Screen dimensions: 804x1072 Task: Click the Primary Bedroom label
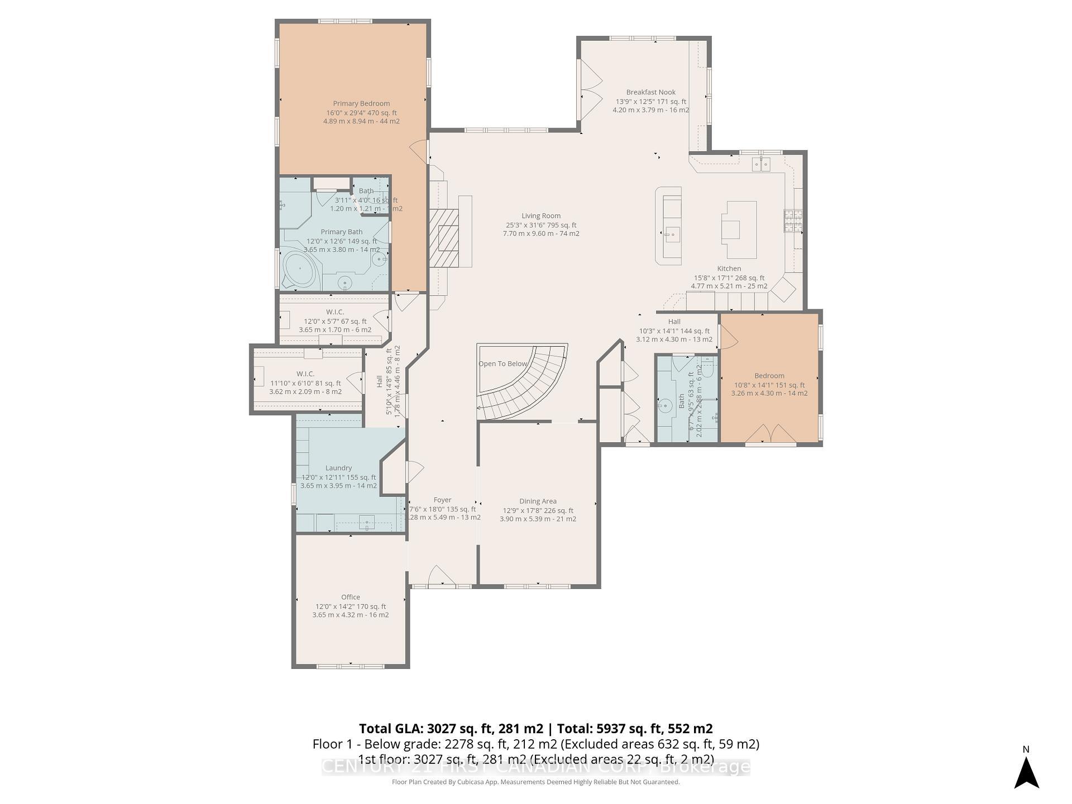[x=361, y=104]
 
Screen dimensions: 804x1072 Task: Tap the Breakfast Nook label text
[x=650, y=93]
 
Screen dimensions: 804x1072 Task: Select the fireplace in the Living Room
[x=444, y=237]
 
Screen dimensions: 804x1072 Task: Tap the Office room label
[x=350, y=597]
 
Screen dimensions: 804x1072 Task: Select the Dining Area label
[x=538, y=501]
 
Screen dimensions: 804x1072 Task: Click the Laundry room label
[x=338, y=468]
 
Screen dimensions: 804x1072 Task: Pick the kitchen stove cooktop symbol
[x=792, y=220]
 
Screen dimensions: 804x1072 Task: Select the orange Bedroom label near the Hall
[x=769, y=376]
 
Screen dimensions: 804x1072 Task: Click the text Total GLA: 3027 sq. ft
[x=450, y=729]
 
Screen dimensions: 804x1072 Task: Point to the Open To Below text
[x=502, y=364]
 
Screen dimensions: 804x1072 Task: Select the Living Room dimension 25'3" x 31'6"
[x=540, y=225]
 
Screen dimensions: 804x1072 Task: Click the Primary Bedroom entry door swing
[x=419, y=151]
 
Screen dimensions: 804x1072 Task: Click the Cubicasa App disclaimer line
[x=535, y=782]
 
